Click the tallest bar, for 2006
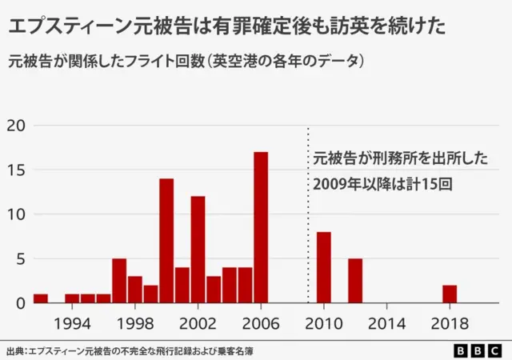pyautogui.click(x=261, y=227)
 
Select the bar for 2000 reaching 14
pyautogui.click(x=166, y=241)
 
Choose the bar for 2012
pyautogui.click(x=355, y=281)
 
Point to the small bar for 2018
pyautogui.click(x=450, y=294)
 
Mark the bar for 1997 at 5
pyautogui.click(x=119, y=281)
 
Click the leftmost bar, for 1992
pyautogui.click(x=41, y=298)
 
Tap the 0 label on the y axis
pyautogui.click(x=21, y=303)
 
